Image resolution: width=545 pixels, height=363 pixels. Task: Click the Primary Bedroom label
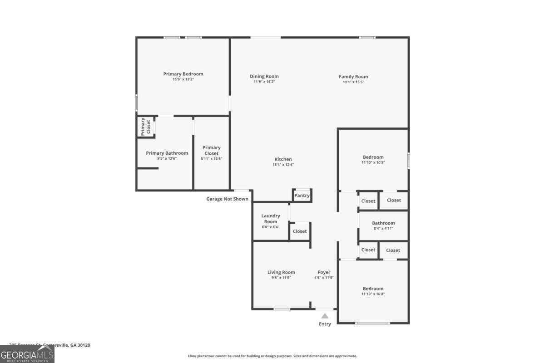[x=183, y=74]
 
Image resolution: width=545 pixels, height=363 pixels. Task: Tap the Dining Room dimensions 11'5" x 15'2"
[x=264, y=82]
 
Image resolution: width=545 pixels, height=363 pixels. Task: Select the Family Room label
[x=353, y=77]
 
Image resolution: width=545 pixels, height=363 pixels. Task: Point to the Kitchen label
[x=283, y=159]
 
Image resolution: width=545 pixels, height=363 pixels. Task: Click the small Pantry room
[x=302, y=196]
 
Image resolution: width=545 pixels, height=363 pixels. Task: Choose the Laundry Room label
[x=271, y=219]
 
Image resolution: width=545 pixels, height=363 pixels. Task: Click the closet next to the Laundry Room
[x=300, y=231]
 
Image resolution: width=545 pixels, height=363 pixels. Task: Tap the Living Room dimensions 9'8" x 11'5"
[x=281, y=278]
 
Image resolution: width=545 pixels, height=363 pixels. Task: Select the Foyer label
[x=324, y=272]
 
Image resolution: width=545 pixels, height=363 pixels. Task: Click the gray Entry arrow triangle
[x=325, y=316]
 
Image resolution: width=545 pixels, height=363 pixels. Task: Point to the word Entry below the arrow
[x=325, y=324]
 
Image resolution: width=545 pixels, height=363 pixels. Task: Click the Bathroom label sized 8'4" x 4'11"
[x=383, y=223]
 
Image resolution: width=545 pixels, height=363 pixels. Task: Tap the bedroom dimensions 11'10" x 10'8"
[x=373, y=294]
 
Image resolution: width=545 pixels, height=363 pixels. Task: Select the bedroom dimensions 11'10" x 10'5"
[x=373, y=162]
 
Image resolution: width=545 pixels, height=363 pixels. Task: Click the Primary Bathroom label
[x=167, y=153]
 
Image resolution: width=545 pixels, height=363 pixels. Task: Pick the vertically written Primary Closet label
[x=145, y=127]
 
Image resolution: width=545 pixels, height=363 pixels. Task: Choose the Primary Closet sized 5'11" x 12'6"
[x=211, y=150]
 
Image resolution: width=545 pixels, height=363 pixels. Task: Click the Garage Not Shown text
[x=227, y=199]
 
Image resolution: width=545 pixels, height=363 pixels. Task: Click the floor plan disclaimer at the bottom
[x=272, y=356]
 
